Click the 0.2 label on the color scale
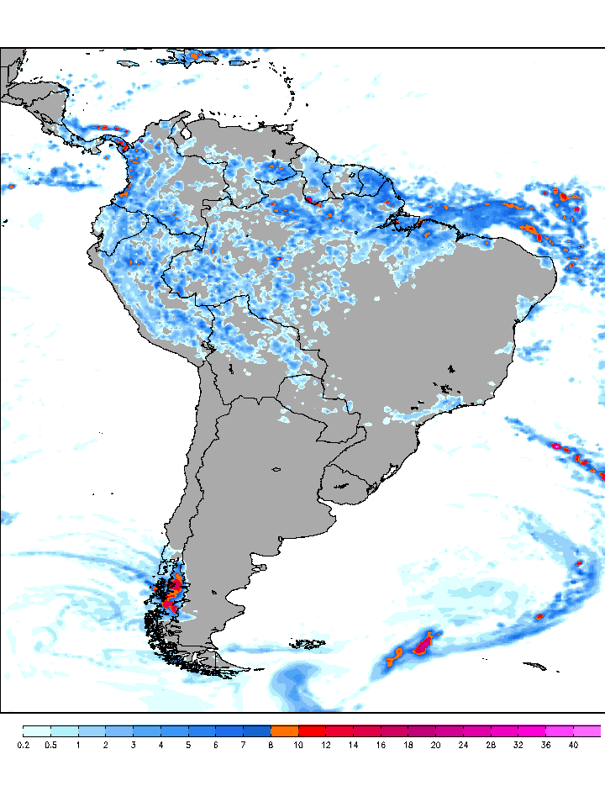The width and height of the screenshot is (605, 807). (x=23, y=745)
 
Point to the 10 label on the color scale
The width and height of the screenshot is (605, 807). (x=299, y=745)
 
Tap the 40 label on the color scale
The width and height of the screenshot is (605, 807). (x=573, y=745)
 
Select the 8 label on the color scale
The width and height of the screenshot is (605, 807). (x=271, y=745)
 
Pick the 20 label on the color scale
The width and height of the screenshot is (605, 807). (x=436, y=745)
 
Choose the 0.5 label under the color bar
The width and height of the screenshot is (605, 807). (x=50, y=745)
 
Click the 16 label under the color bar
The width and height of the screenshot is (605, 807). (x=381, y=745)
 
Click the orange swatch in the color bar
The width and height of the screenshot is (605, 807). (x=285, y=731)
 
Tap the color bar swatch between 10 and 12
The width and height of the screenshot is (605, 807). (x=313, y=731)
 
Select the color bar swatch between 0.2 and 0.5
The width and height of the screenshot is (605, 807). (x=37, y=731)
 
